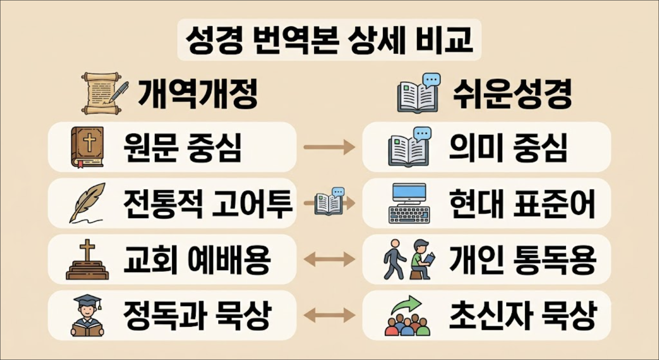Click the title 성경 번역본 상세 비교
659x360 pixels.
tap(329, 40)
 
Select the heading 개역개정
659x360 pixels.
tap(197, 94)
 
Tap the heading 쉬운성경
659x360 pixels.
tap(512, 94)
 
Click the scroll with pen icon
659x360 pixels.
tap(105, 93)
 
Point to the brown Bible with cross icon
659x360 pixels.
tap(88, 147)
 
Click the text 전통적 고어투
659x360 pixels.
tap(208, 203)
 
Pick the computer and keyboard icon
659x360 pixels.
tap(409, 203)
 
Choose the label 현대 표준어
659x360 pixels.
tap(522, 203)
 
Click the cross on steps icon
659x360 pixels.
tap(88, 259)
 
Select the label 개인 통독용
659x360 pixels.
tap(523, 260)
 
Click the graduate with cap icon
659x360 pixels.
tap(88, 315)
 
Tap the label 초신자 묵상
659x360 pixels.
tap(523, 316)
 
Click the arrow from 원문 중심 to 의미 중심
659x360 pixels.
tap(329, 147)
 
